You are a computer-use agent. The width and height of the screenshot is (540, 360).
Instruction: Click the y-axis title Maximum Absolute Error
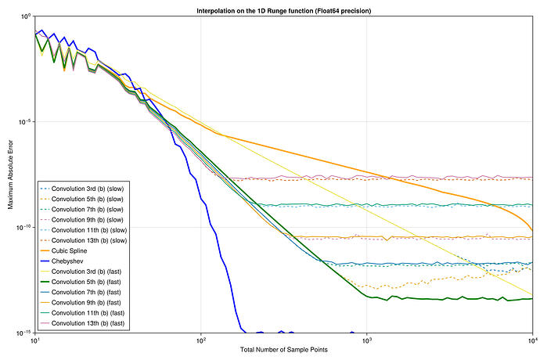(9, 175)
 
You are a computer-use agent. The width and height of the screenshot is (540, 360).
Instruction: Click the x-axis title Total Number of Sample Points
(283, 348)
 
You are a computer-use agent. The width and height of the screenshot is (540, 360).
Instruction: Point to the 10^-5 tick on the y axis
(25, 122)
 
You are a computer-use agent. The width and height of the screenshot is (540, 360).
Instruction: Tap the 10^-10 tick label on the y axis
(24, 228)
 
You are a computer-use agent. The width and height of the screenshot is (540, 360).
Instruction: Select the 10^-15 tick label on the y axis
(24, 333)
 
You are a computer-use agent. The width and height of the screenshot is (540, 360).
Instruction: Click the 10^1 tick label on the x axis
(35, 341)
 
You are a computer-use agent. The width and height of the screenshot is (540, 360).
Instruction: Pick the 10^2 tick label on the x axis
(201, 341)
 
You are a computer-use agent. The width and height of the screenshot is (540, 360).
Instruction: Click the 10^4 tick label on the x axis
(531, 341)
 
